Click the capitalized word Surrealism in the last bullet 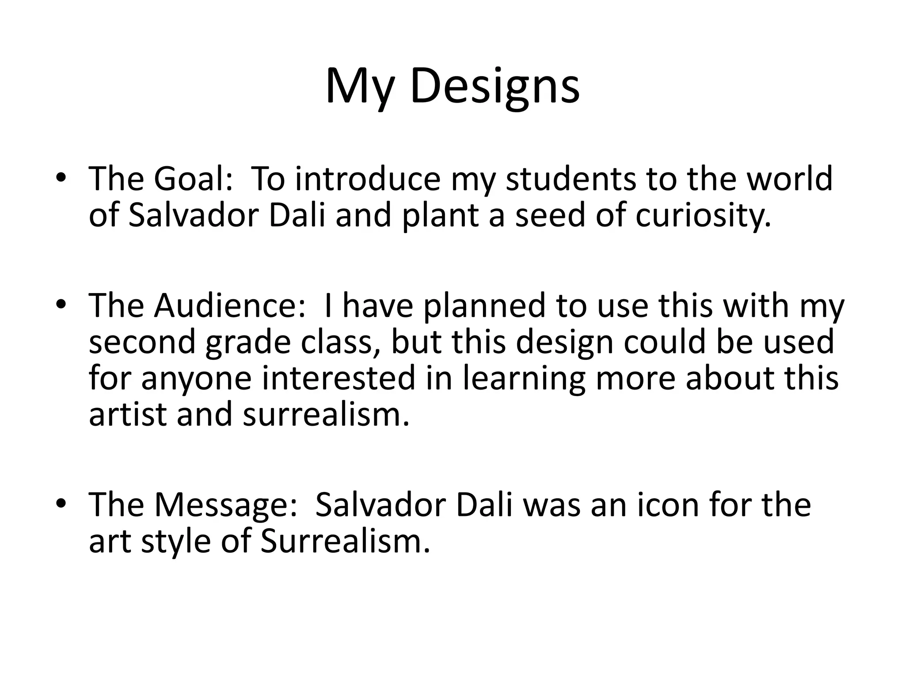coord(345,542)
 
